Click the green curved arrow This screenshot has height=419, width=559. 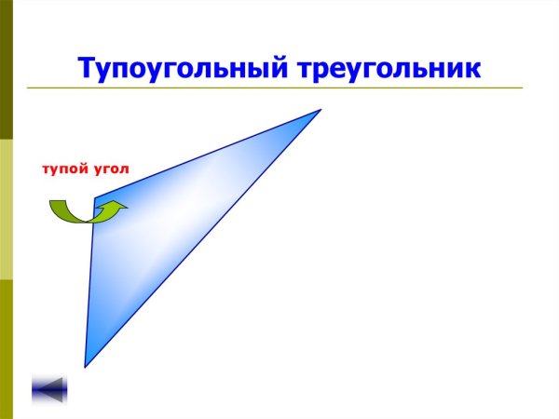[84, 213]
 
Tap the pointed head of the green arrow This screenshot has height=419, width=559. [119, 209]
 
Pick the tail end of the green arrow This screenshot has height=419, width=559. [54, 206]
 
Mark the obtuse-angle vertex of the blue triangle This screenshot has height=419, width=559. [93, 198]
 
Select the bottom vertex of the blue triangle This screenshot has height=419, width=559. [85, 366]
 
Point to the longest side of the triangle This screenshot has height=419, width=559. [203, 238]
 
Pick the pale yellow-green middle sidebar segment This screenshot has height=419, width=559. [6, 209]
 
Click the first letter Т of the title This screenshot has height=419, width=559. [87, 68]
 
